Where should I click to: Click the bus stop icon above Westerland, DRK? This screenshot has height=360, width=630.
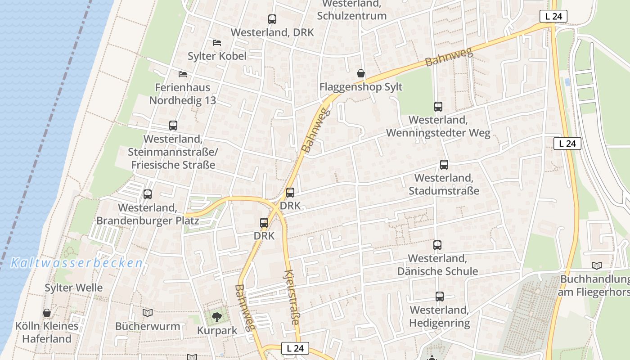click(272, 19)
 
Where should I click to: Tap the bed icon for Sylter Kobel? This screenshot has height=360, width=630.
click(217, 43)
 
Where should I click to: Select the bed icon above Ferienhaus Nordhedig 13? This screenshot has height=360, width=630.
click(182, 74)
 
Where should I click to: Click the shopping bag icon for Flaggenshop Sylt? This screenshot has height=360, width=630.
click(360, 73)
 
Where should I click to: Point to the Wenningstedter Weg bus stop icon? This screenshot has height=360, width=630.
click(438, 107)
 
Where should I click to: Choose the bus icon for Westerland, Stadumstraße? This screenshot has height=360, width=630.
click(444, 165)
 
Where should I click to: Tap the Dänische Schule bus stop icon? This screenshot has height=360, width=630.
click(437, 245)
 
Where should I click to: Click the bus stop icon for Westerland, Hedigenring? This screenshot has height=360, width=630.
click(440, 297)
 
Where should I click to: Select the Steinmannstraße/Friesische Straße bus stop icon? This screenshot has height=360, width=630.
click(173, 126)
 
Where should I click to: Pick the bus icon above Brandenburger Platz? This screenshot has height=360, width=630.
click(148, 194)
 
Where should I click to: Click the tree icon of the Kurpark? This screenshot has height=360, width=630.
click(217, 317)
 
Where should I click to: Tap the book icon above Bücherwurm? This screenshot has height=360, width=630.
click(147, 313)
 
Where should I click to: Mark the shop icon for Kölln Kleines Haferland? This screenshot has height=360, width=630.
click(47, 313)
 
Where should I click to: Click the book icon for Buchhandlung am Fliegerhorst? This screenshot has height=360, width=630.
click(597, 265)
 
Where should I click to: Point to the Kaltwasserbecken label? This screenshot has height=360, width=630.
click(76, 263)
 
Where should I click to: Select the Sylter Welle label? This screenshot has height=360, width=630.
click(74, 288)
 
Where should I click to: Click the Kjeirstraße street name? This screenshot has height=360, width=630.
click(292, 297)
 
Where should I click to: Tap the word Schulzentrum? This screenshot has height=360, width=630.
click(351, 16)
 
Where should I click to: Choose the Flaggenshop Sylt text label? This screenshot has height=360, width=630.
click(360, 87)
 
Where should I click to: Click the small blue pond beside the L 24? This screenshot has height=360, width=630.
click(567, 82)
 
